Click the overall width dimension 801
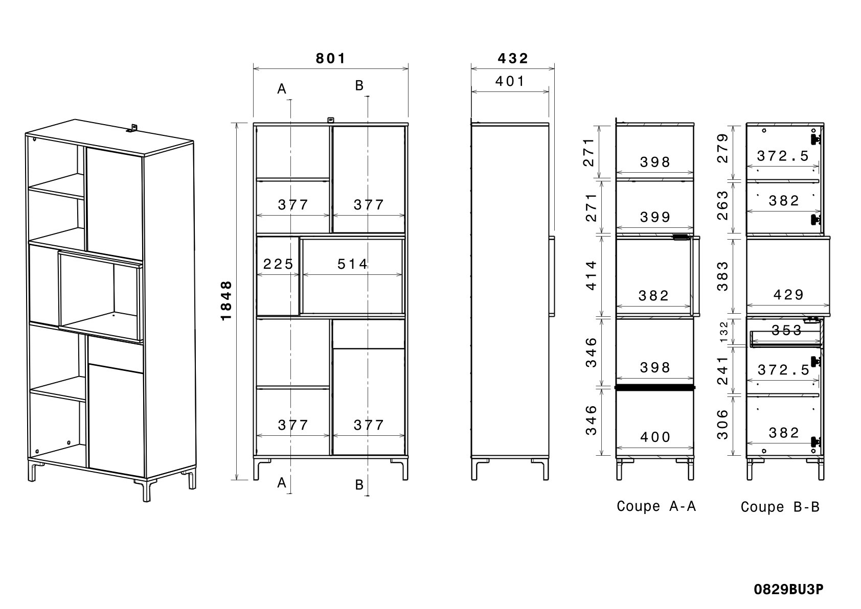click(331, 58)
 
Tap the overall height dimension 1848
click(226, 301)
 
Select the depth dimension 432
click(513, 58)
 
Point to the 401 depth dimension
click(510, 81)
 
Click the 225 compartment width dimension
click(278, 264)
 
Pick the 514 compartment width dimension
click(352, 264)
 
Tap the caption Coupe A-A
click(656, 506)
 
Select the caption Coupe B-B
click(780, 507)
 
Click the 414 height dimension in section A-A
click(591, 275)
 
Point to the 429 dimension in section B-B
click(788, 294)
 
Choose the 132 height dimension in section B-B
click(723, 332)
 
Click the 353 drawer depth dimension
click(786, 330)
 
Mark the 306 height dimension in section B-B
click(722, 424)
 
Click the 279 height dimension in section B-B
click(722, 148)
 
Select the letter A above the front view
click(282, 89)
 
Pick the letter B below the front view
click(359, 484)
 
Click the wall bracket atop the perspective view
click(132, 128)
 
